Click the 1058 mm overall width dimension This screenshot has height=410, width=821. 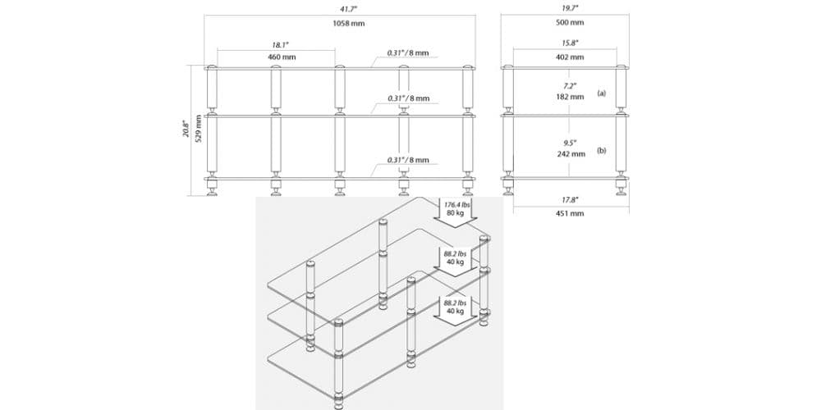click(x=349, y=23)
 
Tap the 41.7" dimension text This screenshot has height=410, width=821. click(x=349, y=7)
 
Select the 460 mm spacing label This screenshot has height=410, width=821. click(x=282, y=57)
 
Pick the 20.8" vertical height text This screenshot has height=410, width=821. click(x=186, y=129)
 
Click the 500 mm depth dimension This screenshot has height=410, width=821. click(x=569, y=23)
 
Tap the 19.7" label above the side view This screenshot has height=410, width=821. click(x=569, y=7)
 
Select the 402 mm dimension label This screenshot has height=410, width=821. click(x=570, y=57)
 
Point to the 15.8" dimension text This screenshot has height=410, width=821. click(x=570, y=43)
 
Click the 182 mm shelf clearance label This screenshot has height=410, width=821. click(x=570, y=97)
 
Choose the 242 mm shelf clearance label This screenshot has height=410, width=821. click(x=570, y=154)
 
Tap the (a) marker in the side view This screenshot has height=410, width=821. click(x=602, y=93)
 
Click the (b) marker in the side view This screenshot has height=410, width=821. click(x=602, y=151)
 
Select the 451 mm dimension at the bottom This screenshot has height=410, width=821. click(x=570, y=213)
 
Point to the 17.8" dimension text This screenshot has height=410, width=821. click(x=570, y=198)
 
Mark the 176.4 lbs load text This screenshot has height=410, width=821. click(x=456, y=203)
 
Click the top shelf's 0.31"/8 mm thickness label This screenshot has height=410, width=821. click(x=408, y=53)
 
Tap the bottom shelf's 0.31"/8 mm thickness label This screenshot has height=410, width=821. click(x=408, y=160)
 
